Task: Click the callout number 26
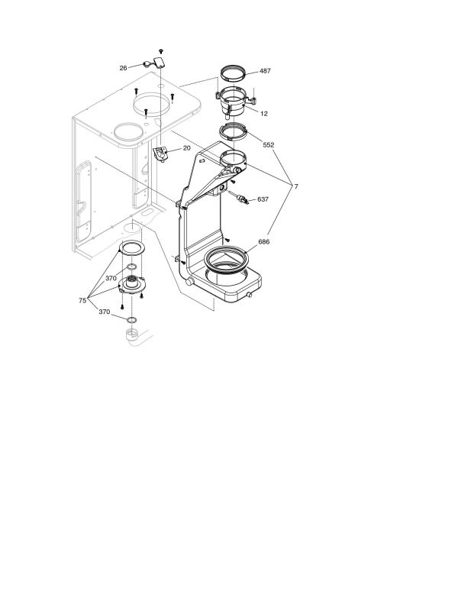point(123,68)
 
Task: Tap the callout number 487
point(265,71)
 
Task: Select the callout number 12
point(264,114)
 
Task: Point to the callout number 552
point(269,145)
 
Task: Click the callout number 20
point(186,148)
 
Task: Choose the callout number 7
point(296,186)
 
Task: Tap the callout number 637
point(263,199)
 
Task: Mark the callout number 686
point(263,241)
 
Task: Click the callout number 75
point(82,300)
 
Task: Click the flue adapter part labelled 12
point(234,102)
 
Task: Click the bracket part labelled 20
point(160,154)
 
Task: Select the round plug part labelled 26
point(147,65)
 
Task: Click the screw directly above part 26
point(161,51)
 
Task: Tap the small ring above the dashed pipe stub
point(131,320)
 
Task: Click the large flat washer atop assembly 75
point(131,249)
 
